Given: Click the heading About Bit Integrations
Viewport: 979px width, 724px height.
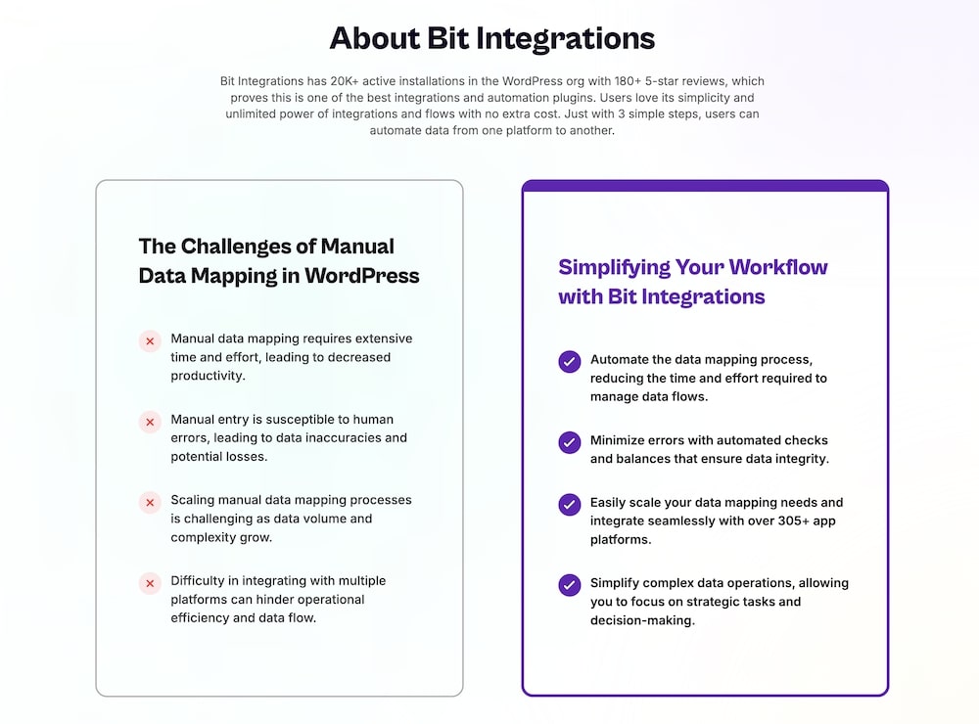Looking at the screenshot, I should [x=491, y=38].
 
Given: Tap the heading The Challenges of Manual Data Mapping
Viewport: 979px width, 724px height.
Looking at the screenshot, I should [x=279, y=261].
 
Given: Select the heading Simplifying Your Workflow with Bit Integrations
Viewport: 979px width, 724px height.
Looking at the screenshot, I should [x=692, y=282].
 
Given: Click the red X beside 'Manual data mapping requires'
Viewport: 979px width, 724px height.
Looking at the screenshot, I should [x=150, y=341].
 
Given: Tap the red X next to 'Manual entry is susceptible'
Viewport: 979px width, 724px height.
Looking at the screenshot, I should [x=150, y=423].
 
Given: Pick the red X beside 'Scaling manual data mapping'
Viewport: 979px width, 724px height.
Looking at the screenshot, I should [x=150, y=503].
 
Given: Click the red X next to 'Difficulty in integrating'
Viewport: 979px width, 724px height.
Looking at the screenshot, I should [x=150, y=584].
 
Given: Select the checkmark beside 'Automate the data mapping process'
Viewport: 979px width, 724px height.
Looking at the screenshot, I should [x=569, y=362].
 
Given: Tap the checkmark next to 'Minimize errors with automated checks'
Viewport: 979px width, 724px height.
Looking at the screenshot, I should [x=569, y=442].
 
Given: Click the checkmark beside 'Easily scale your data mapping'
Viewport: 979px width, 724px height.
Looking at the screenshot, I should [x=569, y=505].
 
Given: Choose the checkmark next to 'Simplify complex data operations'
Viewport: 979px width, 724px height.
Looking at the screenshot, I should [x=569, y=585].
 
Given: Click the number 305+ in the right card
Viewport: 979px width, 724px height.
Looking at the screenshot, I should [x=792, y=520].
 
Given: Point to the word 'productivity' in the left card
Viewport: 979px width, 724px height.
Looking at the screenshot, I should [x=208, y=376].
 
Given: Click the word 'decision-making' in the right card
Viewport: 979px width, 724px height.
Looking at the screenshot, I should [x=640, y=620].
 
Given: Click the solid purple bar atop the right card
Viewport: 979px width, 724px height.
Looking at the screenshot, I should [x=705, y=186].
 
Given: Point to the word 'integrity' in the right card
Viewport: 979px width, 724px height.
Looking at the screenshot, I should [x=800, y=458].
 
